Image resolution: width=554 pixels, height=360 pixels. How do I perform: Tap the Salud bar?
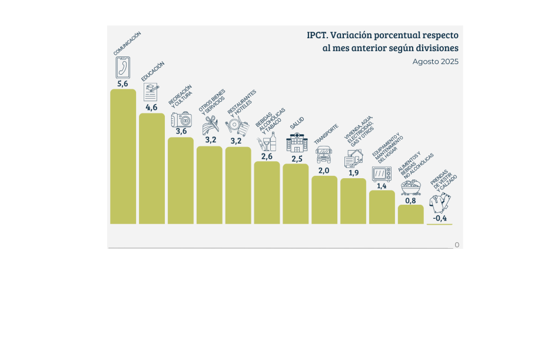click(296, 194)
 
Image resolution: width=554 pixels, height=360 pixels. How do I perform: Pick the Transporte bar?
click(324, 199)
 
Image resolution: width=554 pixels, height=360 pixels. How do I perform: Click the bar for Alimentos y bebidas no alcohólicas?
click(410, 214)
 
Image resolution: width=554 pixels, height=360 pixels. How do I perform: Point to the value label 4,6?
click(151, 107)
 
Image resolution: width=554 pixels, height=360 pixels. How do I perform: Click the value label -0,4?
click(439, 219)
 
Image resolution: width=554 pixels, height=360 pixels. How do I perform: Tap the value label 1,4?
click(382, 185)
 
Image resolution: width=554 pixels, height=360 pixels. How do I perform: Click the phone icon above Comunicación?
click(122, 68)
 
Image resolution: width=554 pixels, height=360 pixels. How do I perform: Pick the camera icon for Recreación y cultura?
click(181, 120)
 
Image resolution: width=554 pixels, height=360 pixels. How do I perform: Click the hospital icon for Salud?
click(296, 143)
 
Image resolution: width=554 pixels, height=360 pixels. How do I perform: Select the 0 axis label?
click(457, 245)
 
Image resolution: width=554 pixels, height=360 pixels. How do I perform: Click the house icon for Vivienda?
click(353, 159)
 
